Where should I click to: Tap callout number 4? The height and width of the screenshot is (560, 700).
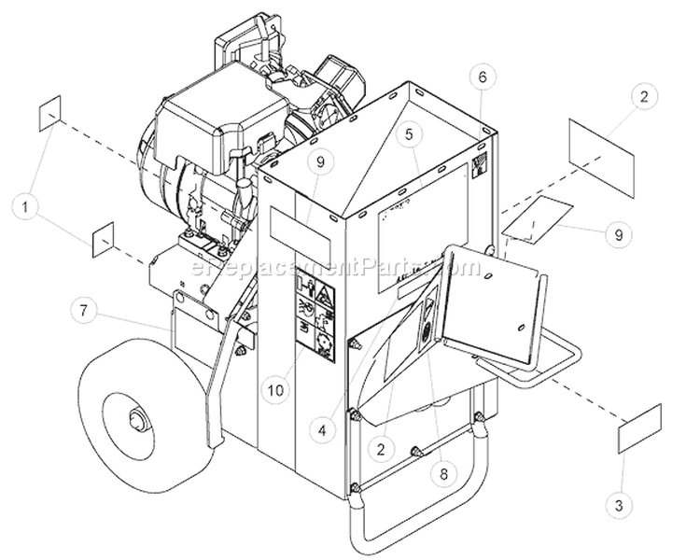click(321, 430)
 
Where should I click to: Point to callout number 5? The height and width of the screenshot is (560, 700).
click(409, 134)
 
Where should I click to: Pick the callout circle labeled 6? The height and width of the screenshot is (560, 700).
click(481, 76)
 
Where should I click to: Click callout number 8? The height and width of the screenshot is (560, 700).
click(443, 472)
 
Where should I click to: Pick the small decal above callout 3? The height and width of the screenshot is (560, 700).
click(640, 428)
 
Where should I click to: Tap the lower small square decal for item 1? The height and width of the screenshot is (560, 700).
click(104, 241)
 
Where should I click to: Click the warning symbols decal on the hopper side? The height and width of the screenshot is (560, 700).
click(314, 319)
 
